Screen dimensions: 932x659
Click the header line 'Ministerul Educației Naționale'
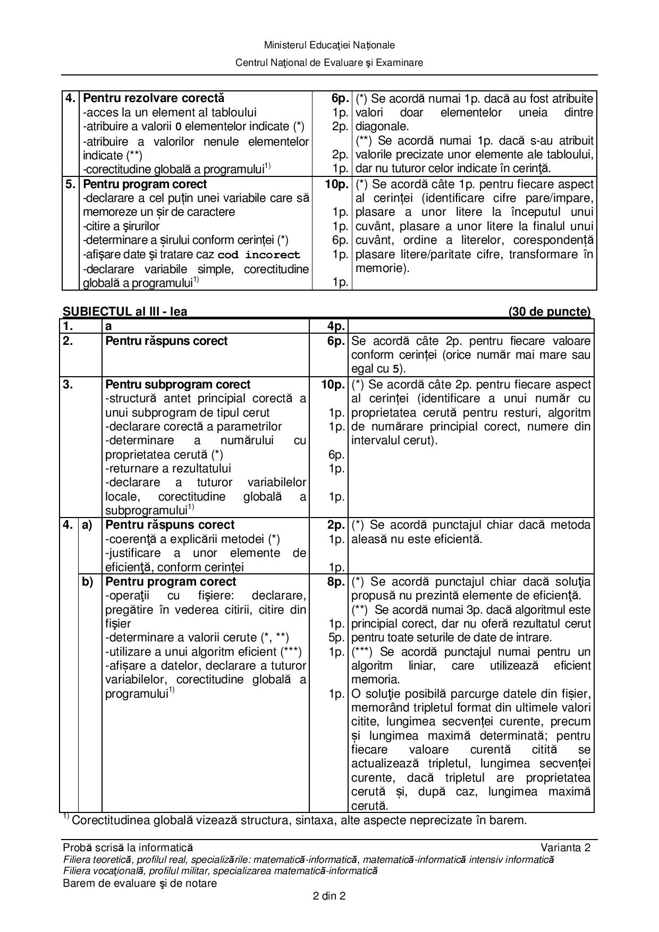tap(329, 45)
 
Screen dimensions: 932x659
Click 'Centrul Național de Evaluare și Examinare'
tap(329, 63)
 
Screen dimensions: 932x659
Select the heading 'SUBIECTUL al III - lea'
tap(125, 311)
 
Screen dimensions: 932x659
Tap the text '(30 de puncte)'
tap(549, 311)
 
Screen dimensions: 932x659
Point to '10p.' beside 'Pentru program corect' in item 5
tap(337, 184)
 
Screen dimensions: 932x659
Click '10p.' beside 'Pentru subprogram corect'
tap(333, 385)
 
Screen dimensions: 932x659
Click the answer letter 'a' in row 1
tap(108, 327)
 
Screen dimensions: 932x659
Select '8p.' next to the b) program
tap(336, 582)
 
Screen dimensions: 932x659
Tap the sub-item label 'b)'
tap(87, 582)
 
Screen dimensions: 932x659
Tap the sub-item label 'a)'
tap(87, 525)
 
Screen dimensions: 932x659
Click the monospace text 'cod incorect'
tap(259, 255)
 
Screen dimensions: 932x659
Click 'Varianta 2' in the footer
tap(565, 848)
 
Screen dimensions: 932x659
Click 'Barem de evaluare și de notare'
tap(140, 883)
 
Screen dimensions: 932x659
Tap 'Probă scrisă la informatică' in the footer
tap(128, 848)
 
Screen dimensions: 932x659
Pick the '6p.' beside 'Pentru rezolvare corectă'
tap(340, 98)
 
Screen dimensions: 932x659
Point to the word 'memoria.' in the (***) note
tap(375, 680)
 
